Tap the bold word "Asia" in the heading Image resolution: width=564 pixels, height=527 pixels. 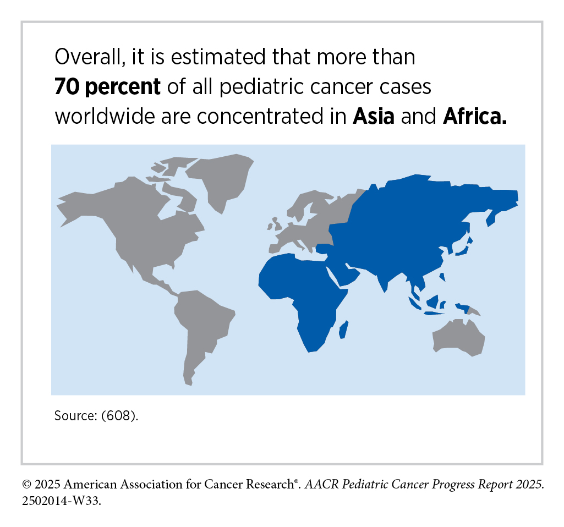(374, 117)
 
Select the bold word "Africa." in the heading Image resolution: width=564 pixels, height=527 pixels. (474, 117)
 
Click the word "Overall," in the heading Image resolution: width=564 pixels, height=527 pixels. (87, 57)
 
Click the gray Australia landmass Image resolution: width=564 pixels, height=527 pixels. (459, 337)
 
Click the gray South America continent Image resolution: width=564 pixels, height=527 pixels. (201, 325)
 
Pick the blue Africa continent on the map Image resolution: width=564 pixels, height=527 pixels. (300, 297)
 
